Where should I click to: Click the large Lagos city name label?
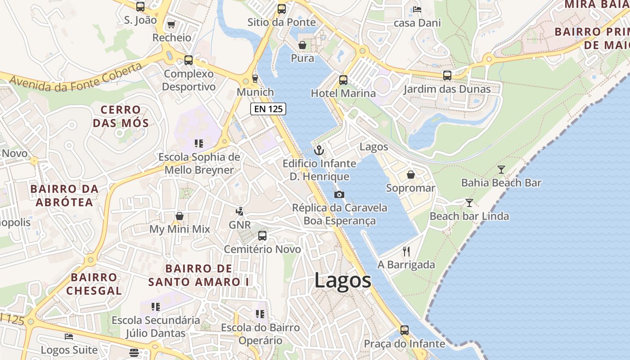coord(342,280)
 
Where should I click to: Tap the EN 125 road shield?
coord(268,108)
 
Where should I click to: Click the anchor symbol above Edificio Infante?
coord(319,150)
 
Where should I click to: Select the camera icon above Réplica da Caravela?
coord(339,194)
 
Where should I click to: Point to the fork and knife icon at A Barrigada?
coord(406,251)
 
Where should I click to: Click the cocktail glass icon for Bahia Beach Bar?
coord(501,170)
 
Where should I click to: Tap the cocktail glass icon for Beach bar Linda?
coord(469,203)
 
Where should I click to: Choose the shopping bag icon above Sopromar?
coord(410,175)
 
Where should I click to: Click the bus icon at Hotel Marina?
coord(343,80)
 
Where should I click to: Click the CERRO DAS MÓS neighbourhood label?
coord(121,116)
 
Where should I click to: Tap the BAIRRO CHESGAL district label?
coord(94,283)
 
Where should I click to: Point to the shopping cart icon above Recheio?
coord(171,24)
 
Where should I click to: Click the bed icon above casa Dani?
coord(417,9)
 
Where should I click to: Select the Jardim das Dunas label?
coord(447,89)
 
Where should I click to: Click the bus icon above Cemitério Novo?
coord(262,235)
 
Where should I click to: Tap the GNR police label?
coord(239,225)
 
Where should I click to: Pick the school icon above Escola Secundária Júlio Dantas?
coord(156,307)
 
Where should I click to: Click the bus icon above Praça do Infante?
coord(404,330)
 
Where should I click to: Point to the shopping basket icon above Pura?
coord(302,45)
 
